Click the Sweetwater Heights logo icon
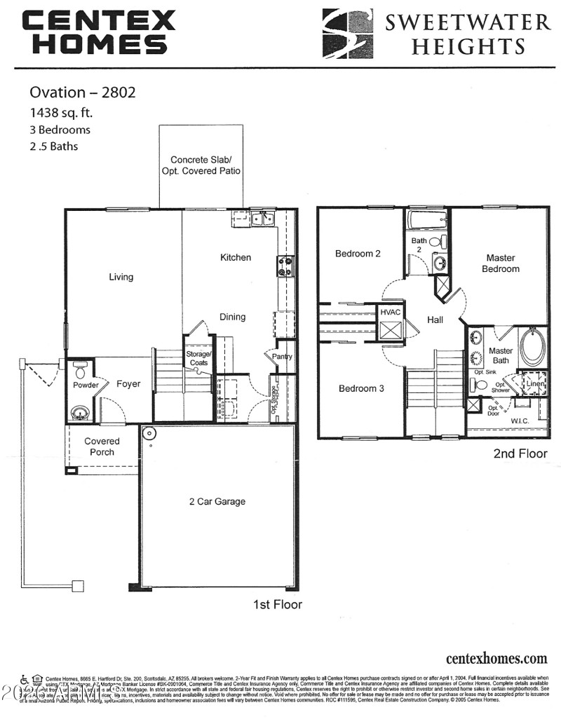[348, 33]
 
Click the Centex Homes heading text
[98, 32]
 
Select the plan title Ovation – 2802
[82, 92]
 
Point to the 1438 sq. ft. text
[61, 111]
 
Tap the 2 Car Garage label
[217, 501]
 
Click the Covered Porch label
[102, 446]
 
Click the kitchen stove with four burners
[285, 266]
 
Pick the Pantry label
[282, 357]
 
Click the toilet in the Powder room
[81, 368]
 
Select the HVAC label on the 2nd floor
[389, 312]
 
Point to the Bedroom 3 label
[362, 388]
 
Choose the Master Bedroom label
[501, 263]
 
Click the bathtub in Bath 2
[424, 221]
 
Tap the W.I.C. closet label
[520, 420]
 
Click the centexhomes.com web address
[496, 658]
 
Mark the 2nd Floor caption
[520, 453]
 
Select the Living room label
[121, 277]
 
